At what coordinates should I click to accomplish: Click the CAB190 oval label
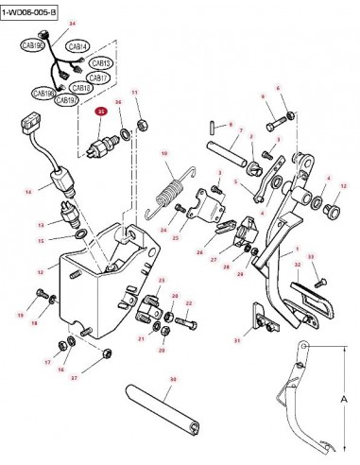click(33, 44)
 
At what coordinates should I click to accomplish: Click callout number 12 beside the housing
click(41, 271)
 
